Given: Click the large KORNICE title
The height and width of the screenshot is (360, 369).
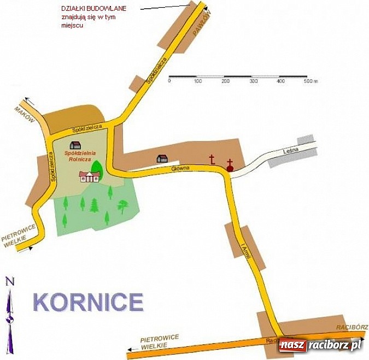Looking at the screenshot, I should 88,302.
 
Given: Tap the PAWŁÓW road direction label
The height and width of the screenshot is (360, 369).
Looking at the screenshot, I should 200,22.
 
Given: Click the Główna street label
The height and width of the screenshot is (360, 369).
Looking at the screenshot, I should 180,168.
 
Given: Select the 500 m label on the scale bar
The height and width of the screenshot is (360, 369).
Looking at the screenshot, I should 311,81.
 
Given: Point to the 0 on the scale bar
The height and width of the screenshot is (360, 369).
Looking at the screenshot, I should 169,81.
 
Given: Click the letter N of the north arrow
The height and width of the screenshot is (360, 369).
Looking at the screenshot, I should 9,281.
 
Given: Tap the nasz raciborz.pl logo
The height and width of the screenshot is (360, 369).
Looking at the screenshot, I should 320,345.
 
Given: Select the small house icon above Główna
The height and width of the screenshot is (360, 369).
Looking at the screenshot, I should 162,158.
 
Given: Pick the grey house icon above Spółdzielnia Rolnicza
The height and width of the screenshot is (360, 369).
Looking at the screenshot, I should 75,145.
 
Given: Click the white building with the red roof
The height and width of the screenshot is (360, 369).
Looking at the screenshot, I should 89,176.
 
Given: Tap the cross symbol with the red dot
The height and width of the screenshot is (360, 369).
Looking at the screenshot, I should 230,165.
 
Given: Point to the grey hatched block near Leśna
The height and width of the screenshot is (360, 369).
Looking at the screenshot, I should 306,139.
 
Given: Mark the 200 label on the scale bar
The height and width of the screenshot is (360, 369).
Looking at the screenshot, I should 226,81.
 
